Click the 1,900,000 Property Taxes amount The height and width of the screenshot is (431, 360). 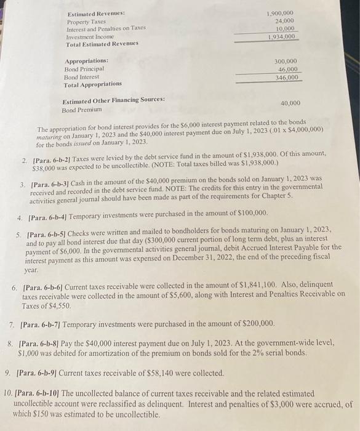coord(280,13)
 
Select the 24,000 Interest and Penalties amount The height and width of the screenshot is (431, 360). coord(284,21)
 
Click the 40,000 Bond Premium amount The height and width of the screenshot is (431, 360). coord(290,103)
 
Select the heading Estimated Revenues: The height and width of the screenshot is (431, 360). coord(94,13)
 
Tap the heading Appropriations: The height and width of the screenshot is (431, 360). coord(86,61)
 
